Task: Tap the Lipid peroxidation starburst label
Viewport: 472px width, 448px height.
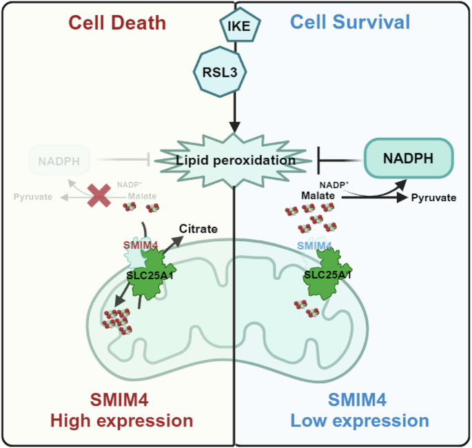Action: point(235,160)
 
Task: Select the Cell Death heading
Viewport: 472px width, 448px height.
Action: point(117,22)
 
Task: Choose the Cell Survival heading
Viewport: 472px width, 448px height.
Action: point(350,22)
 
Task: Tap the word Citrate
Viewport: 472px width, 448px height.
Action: point(198,228)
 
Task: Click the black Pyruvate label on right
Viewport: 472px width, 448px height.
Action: point(433,197)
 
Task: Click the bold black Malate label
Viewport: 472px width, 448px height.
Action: point(318,196)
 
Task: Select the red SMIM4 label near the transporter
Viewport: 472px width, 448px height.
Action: point(141,245)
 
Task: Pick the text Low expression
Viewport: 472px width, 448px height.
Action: point(359,420)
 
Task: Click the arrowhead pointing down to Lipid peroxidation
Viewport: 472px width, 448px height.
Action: point(236,127)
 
